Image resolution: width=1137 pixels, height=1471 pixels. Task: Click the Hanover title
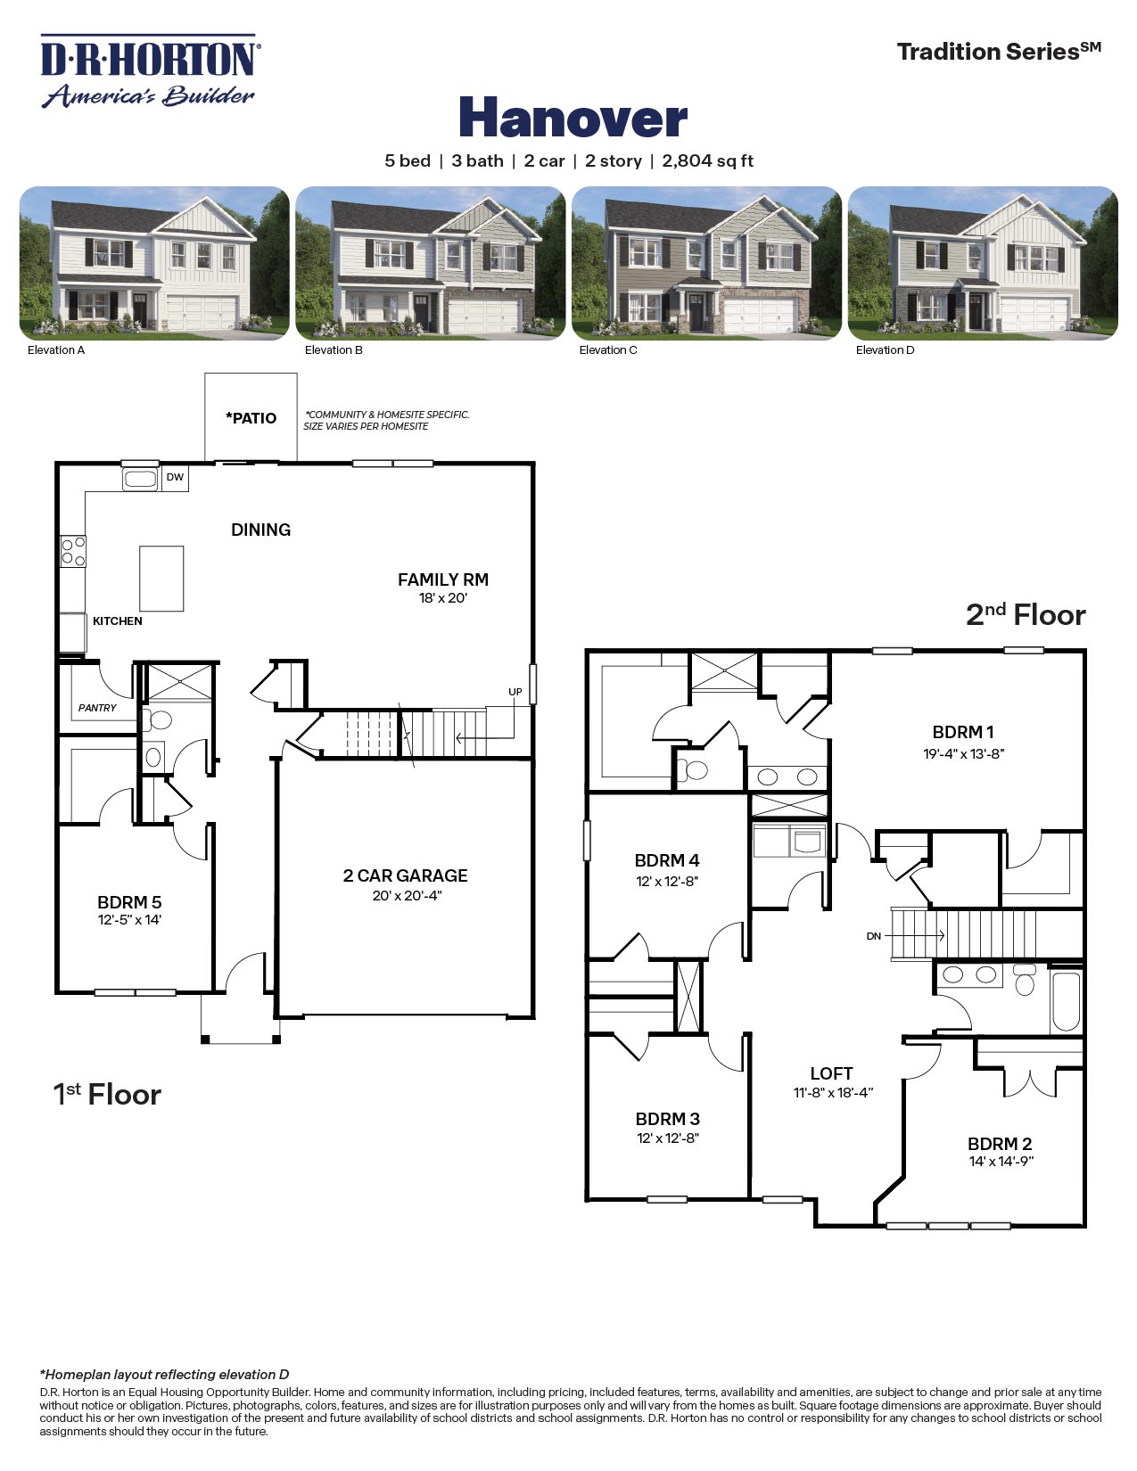[x=573, y=118]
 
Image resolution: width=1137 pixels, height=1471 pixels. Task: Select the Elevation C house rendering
[x=706, y=263]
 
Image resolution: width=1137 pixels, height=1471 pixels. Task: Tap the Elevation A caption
[x=56, y=350]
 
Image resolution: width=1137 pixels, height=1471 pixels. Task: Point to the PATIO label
[x=251, y=418]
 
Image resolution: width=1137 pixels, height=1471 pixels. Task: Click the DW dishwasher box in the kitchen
[x=175, y=478]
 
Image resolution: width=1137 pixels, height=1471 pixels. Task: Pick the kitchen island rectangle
[x=161, y=579]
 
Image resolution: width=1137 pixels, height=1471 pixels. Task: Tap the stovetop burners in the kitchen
[x=73, y=551]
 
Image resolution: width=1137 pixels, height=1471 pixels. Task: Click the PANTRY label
[x=97, y=708]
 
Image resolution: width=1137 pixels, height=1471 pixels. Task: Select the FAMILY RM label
[x=443, y=579]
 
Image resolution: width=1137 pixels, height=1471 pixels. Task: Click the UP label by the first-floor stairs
[x=515, y=692]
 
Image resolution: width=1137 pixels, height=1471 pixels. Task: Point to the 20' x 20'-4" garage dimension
[x=407, y=896]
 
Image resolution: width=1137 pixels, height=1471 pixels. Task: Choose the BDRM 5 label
[x=129, y=902]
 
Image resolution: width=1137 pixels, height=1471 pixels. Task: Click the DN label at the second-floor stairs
[x=874, y=936]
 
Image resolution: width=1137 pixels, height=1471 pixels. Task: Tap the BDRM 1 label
[x=963, y=732]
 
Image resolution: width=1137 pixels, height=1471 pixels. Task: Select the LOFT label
[x=831, y=1073]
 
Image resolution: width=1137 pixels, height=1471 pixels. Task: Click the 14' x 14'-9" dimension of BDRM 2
[x=1001, y=1162]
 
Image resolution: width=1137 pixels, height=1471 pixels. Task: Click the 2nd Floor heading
[x=1026, y=615]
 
